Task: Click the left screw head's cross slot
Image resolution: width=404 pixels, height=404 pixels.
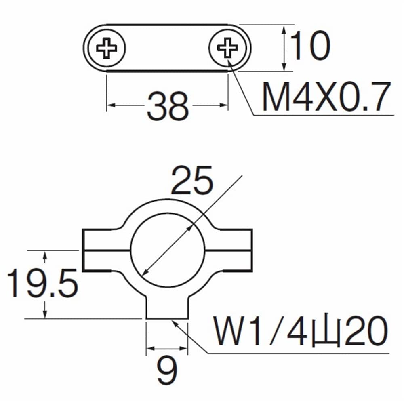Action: point(106,48)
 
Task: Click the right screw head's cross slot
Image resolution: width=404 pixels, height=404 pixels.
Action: point(227,48)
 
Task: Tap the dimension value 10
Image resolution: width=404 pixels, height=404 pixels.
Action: point(310,46)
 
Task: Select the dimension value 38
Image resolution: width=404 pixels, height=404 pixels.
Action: point(168,106)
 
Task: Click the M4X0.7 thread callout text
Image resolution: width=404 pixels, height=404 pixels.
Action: point(326,97)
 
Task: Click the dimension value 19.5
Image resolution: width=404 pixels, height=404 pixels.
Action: point(42,283)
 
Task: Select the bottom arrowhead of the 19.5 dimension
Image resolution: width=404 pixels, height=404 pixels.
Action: point(45,314)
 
